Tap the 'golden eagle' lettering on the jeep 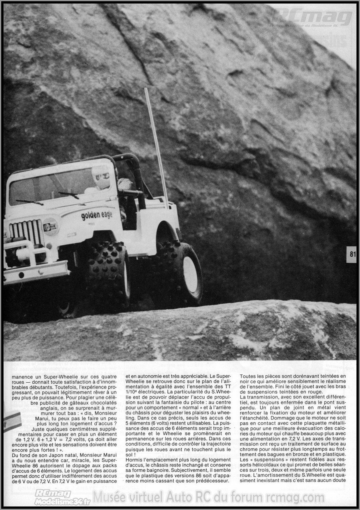(97, 215)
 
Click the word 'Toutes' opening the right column (248, 376)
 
